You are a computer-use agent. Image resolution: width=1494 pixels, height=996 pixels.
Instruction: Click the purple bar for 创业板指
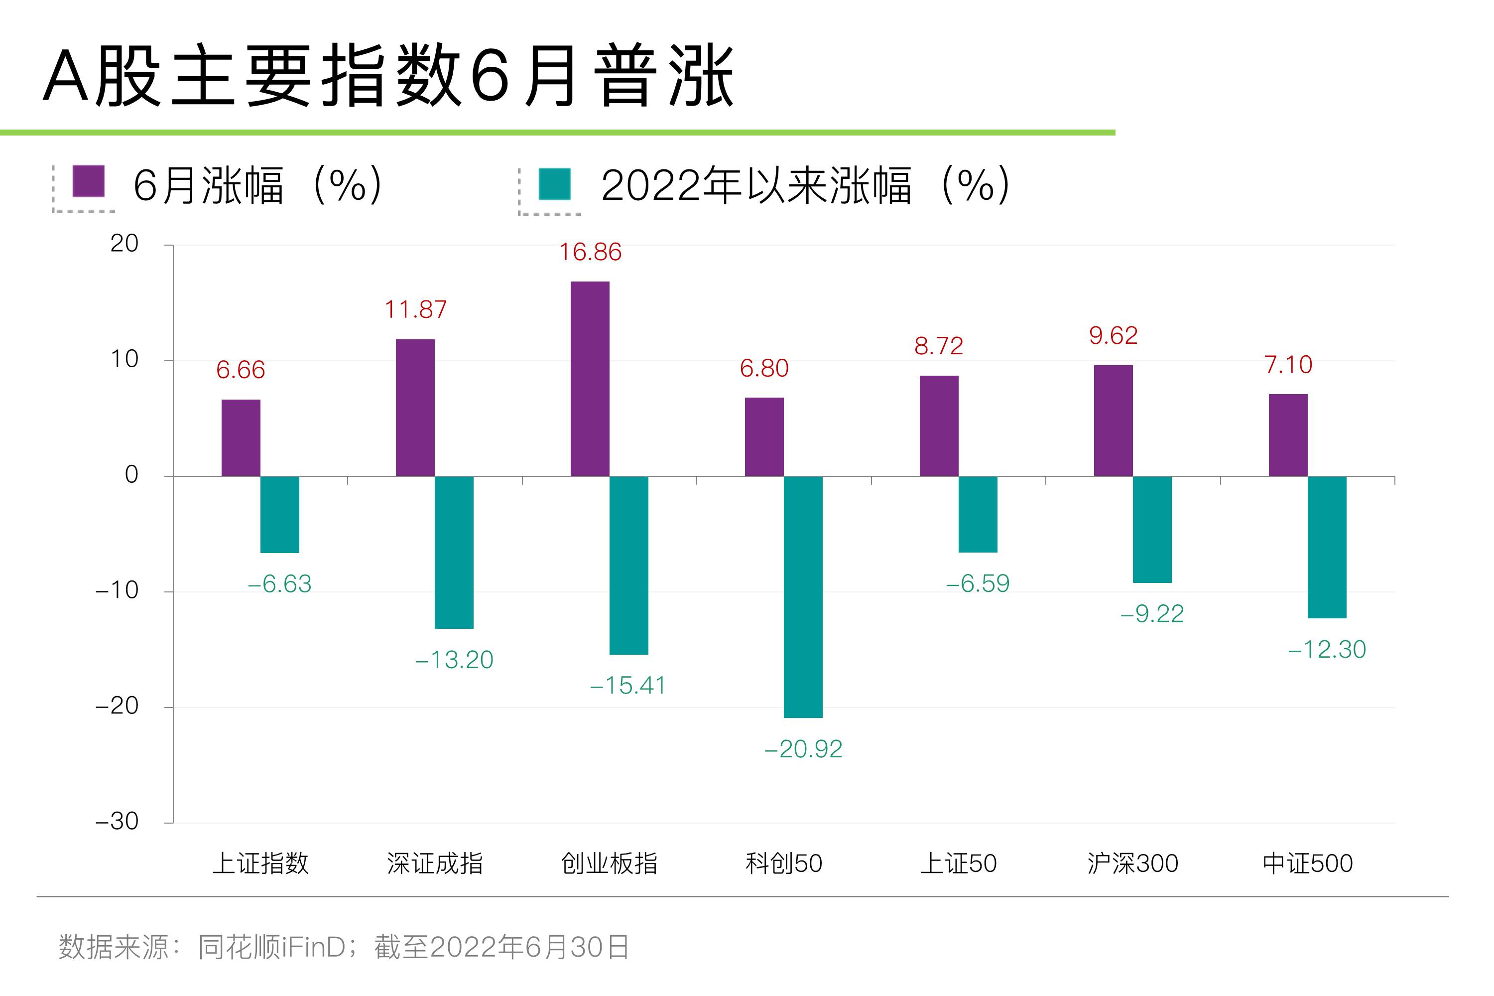[589, 379]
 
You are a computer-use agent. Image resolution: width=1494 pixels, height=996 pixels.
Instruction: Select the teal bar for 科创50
[803, 596]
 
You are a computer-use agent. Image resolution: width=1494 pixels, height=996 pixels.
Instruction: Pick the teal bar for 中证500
[1326, 547]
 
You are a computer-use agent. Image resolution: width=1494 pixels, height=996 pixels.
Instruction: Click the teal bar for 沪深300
[1151, 529]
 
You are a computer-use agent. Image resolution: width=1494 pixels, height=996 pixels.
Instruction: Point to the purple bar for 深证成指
[415, 408]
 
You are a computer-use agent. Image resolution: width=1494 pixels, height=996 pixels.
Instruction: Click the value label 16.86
[589, 252]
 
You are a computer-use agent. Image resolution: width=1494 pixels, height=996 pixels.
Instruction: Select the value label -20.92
[803, 749]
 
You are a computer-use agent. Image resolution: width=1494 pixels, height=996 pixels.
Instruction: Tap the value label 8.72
[938, 346]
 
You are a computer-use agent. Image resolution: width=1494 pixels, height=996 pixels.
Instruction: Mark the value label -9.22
[1151, 614]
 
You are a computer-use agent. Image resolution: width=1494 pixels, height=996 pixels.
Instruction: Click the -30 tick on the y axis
[117, 821]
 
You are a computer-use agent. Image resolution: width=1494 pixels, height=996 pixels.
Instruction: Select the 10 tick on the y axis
[124, 360]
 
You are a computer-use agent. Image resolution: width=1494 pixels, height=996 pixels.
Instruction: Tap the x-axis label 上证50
[958, 863]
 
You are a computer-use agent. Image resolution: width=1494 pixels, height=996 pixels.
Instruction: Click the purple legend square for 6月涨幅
[88, 182]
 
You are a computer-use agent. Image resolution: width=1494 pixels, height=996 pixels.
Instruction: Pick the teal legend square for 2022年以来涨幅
[554, 184]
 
